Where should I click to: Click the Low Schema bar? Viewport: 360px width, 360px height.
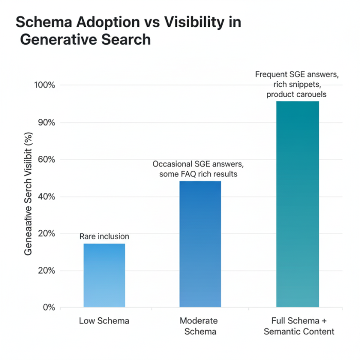tap(104, 275)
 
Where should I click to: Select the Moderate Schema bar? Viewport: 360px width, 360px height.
tap(200, 244)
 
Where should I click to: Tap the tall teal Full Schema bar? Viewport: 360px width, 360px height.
tap(297, 204)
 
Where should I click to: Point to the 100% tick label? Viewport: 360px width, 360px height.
tap(45, 85)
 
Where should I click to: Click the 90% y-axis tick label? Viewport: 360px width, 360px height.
tap(46, 122)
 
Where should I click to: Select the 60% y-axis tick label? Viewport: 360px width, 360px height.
tap(46, 159)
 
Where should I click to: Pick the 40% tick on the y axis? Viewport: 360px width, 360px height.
tap(46, 196)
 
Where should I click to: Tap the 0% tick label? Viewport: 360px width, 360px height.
tap(49, 308)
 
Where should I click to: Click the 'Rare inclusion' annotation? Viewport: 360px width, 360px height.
tap(104, 237)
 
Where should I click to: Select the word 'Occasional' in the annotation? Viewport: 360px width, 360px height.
tap(173, 164)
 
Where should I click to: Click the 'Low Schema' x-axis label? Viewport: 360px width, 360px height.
tap(104, 321)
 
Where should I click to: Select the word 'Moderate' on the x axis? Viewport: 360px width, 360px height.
tap(199, 321)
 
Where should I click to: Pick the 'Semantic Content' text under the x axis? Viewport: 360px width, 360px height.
tap(299, 332)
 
